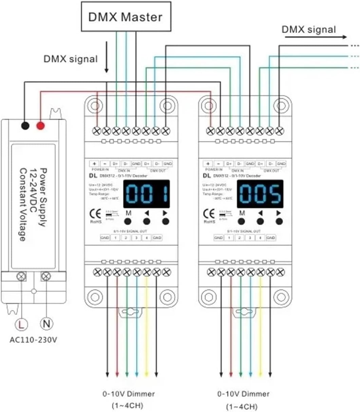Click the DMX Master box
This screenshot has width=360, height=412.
125,16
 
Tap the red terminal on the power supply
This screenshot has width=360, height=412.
40,126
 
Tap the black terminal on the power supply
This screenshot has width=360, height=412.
25,126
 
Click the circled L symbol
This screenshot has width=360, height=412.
21,323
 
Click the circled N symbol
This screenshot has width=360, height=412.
46,323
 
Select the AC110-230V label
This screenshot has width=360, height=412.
33,340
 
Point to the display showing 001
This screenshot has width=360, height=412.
146,194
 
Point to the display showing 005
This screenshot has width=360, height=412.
260,194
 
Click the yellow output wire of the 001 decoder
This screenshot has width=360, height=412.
147,326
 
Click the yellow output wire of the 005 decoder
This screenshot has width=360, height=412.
261,326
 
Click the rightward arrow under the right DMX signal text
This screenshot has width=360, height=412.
316,37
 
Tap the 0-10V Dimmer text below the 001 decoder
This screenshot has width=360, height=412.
129,394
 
